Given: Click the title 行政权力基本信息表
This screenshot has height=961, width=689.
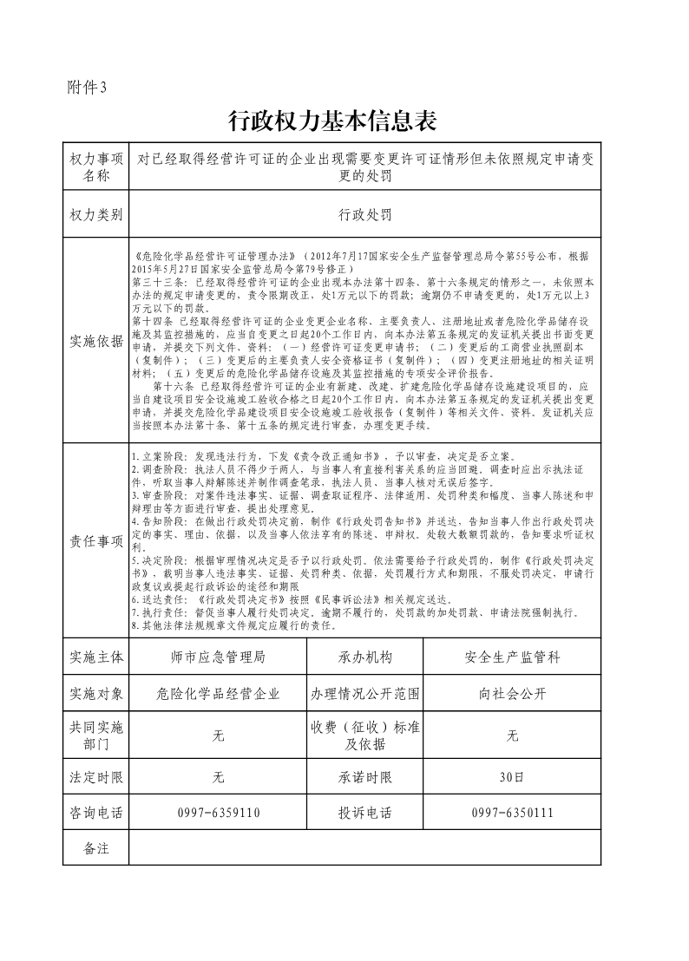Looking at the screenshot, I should (331, 120).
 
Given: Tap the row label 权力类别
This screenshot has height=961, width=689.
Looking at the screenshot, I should (96, 214).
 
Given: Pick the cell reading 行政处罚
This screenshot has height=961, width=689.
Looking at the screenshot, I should (364, 214).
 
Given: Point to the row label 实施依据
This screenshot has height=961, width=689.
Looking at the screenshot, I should (96, 341).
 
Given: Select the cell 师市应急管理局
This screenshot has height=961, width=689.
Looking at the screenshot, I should (218, 657).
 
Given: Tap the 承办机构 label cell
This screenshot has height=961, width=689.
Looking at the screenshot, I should (364, 657).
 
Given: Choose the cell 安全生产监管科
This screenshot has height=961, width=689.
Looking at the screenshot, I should (512, 657).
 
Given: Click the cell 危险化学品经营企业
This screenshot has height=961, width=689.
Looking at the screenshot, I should (218, 694).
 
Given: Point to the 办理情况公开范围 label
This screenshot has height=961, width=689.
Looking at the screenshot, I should (364, 694).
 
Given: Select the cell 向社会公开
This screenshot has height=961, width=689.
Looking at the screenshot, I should (512, 694).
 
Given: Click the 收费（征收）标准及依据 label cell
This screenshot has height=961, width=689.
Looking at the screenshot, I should (364, 735).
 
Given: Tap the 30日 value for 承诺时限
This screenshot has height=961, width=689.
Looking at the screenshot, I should (512, 777).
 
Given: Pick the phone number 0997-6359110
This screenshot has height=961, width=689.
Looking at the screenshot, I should (218, 813).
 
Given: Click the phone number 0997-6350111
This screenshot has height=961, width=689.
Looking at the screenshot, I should (512, 813).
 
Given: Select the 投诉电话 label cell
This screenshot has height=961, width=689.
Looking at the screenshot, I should (364, 813).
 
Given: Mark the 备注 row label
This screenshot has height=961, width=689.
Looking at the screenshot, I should (96, 847).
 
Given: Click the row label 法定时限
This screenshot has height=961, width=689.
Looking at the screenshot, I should (96, 777).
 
